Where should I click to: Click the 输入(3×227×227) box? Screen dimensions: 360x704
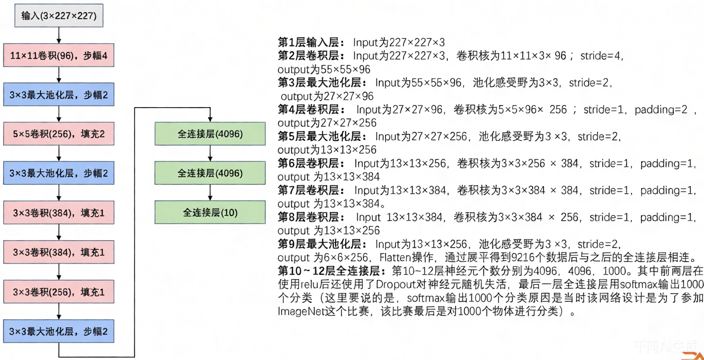coord(59,16)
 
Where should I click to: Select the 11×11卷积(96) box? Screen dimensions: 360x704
coord(59,55)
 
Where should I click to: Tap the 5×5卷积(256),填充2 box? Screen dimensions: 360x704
coord(59,134)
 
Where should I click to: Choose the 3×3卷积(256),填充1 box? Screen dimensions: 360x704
coord(59,292)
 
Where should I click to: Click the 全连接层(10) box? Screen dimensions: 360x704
coord(210,212)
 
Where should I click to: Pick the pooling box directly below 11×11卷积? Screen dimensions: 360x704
coord(59,95)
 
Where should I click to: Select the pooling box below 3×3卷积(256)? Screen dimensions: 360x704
coord(59,331)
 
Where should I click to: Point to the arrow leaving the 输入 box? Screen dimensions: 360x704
coord(59,35)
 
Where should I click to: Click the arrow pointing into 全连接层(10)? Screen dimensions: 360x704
coord(210,193)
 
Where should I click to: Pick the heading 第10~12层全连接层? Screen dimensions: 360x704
coord(332,270)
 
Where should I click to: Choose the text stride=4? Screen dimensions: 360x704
coord(601,56)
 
